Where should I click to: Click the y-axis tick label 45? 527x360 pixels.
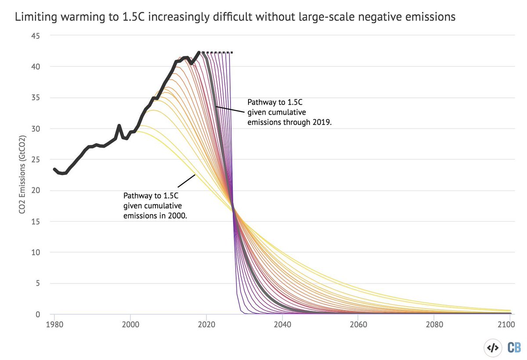coord(35,36)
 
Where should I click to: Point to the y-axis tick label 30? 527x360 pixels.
coord(35,129)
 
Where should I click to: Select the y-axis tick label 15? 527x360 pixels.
coord(35,222)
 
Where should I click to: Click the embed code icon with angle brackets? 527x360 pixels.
coord(492,347)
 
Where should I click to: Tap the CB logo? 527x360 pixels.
coord(514,347)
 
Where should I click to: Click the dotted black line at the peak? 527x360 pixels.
coord(217,53)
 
